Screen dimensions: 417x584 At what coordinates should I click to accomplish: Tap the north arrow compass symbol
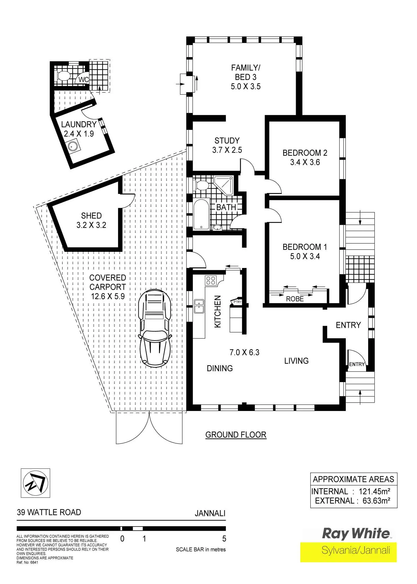[35, 483]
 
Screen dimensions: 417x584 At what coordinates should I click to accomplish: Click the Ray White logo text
[356, 533]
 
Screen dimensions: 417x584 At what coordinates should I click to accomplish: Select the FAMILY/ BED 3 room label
[245, 77]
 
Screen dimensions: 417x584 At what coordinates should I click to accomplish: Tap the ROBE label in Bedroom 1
[295, 299]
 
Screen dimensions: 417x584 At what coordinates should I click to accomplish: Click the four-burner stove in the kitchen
[211, 280]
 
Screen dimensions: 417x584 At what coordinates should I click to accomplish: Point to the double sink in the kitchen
[199, 306]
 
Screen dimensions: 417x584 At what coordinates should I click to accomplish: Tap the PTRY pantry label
[237, 302]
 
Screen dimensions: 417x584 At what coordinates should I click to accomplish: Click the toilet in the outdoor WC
[63, 76]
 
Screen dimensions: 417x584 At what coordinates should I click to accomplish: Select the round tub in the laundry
[73, 146]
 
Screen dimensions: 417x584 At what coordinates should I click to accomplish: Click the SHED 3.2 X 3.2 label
[91, 220]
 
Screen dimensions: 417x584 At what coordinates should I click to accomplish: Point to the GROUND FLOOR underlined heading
[236, 435]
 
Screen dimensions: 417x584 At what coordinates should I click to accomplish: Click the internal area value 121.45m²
[374, 491]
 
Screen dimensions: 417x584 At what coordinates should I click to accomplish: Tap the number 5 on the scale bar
[224, 539]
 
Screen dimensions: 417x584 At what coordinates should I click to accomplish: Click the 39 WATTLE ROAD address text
[49, 512]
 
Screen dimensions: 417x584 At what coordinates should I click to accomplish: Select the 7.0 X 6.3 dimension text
[244, 352]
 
